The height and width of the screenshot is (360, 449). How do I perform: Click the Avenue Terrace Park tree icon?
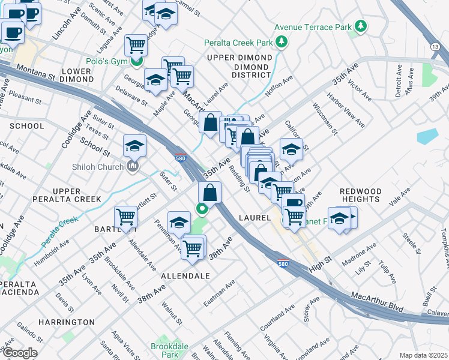[x=361, y=26]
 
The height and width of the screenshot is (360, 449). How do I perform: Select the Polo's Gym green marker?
[x=137, y=60]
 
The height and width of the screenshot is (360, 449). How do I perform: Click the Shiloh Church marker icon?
[x=133, y=166]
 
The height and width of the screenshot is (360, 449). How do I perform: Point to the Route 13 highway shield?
[x=435, y=46]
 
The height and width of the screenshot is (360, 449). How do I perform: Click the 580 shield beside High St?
[x=284, y=263]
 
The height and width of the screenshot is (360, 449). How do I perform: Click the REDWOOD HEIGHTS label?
[x=360, y=194]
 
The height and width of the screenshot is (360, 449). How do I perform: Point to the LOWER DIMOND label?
[x=76, y=75]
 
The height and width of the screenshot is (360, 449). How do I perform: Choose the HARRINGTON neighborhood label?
[x=67, y=322]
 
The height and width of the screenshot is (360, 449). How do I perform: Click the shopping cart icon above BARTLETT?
[x=126, y=216]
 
